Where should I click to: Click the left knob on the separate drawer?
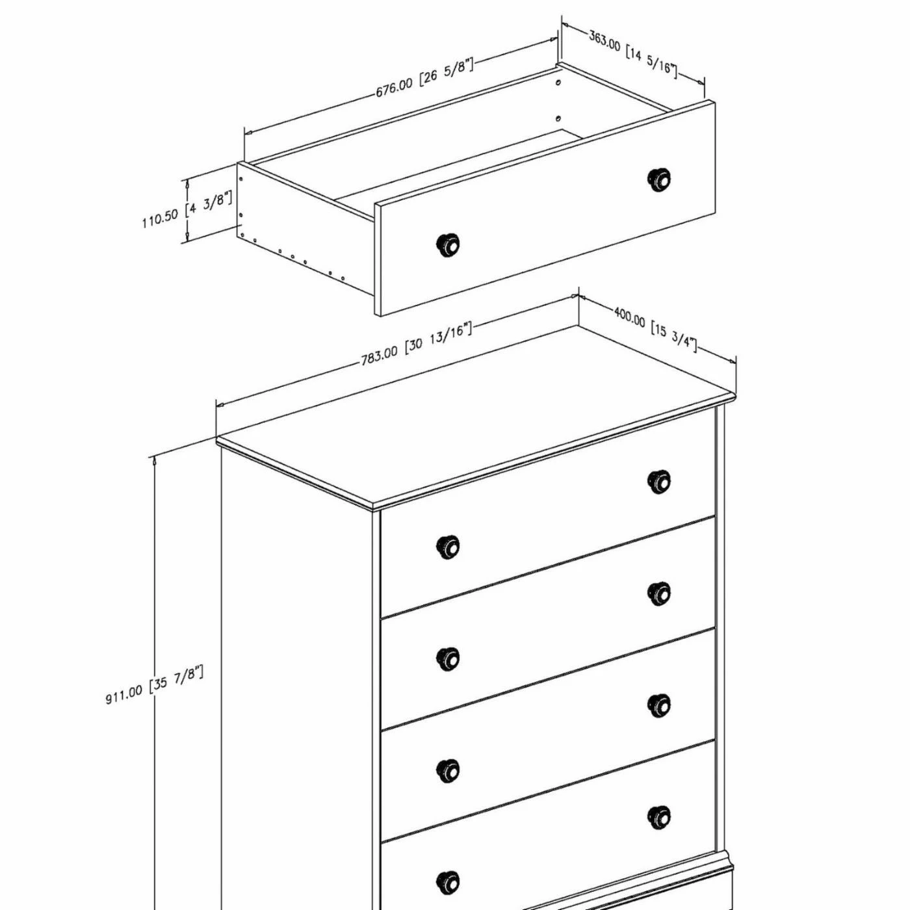pos(447,245)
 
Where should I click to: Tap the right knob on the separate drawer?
pos(658,180)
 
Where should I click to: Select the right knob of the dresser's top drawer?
pos(658,482)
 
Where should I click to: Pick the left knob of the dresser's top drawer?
pos(448,547)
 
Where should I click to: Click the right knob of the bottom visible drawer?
pos(658,818)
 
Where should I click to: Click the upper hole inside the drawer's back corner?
pos(558,82)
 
